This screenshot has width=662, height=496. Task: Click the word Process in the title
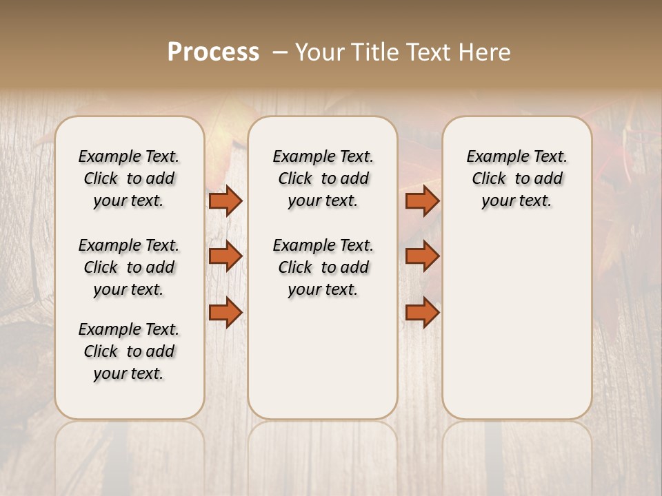[x=213, y=52]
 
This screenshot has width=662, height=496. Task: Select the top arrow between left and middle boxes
[x=225, y=200]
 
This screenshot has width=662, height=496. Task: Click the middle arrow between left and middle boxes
[x=225, y=256]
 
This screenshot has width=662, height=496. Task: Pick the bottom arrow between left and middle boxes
[x=225, y=313]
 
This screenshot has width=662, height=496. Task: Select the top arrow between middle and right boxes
[x=422, y=200]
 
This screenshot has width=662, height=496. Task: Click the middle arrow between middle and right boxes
[x=422, y=256]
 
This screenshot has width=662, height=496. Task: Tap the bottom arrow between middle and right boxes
[x=422, y=313]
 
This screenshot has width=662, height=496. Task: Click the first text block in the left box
[x=129, y=178]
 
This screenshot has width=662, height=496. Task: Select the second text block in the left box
[x=129, y=267]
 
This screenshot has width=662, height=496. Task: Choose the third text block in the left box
[x=129, y=351]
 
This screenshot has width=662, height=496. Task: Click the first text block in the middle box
[x=323, y=178]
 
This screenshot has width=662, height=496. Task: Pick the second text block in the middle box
[x=323, y=267]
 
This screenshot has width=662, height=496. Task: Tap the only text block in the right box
[x=516, y=178]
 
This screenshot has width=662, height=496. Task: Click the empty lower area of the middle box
[x=323, y=358]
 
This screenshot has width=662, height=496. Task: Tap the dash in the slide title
[x=280, y=52]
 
